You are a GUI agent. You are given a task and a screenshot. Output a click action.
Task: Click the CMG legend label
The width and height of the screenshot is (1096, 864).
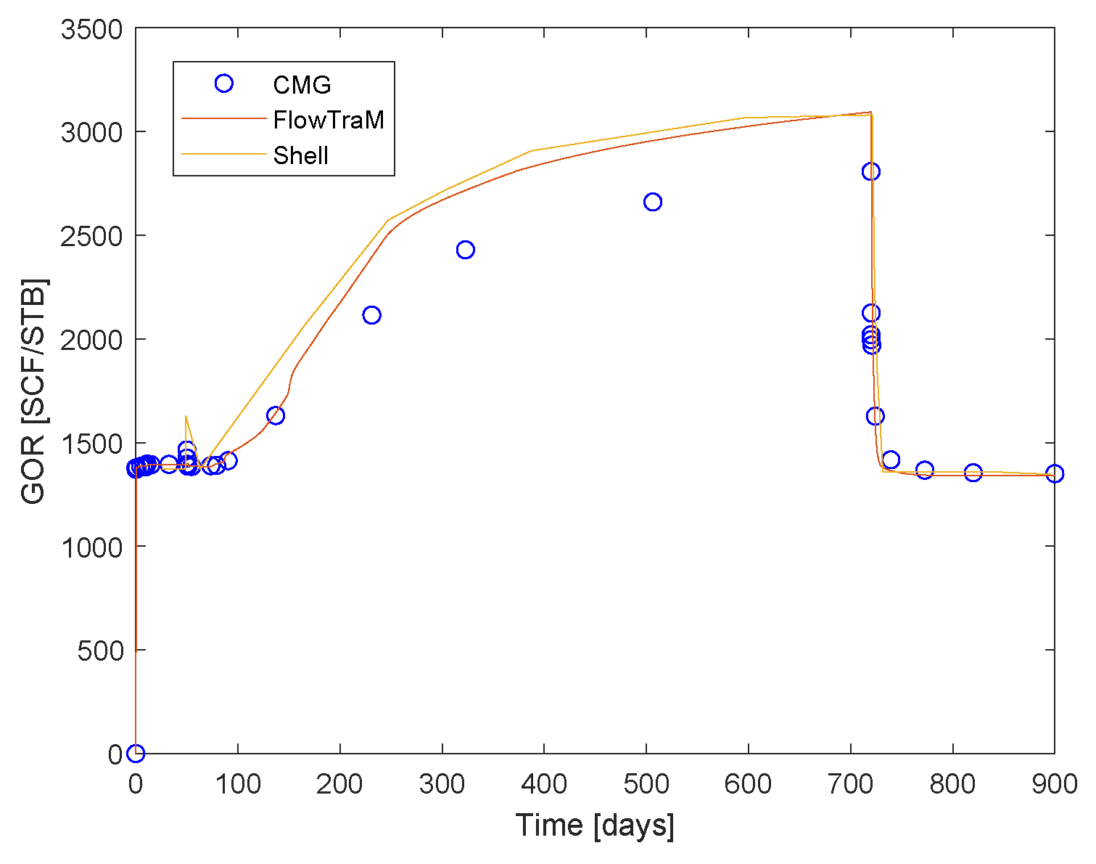[302, 85]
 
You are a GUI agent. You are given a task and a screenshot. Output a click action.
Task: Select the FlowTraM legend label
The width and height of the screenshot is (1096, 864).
[329, 120]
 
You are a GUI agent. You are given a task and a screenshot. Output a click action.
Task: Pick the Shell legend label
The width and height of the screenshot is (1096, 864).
[301, 155]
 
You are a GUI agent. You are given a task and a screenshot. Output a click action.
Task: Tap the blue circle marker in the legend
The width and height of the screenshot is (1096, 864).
[224, 83]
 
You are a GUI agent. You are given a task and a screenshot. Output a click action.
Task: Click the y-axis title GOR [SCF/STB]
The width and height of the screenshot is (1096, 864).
[33, 391]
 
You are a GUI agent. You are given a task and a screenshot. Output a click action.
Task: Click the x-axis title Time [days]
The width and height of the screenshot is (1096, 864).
[595, 826]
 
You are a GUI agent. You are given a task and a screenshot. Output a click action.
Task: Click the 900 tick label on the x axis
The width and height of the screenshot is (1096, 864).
[1053, 785]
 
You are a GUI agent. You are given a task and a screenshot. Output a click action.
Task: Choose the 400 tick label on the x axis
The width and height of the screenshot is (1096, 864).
[543, 785]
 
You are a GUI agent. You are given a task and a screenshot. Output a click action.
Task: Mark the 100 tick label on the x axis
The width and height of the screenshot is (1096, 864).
[238, 785]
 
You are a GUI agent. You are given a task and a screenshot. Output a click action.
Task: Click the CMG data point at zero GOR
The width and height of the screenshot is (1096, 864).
[136, 754]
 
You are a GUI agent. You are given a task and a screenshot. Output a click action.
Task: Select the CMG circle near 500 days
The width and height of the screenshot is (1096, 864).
[653, 202]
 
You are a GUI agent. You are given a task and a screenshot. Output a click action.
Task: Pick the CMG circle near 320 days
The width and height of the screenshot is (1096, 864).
[466, 250]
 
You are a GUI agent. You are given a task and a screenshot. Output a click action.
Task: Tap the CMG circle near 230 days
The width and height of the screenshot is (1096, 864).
[372, 315]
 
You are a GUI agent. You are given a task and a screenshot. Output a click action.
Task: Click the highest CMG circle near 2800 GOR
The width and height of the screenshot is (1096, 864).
[871, 171]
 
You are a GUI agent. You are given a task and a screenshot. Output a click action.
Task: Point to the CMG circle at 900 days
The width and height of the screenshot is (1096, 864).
[1055, 473]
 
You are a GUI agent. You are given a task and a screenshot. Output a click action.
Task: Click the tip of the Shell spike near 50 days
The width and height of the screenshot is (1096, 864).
[186, 416]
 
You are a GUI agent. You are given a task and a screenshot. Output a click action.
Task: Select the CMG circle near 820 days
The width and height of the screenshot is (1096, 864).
[973, 473]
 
